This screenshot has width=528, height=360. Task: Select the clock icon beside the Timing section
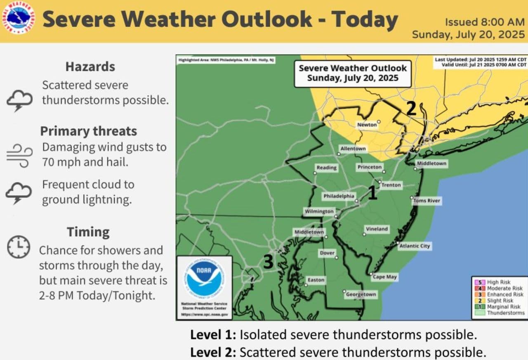tap(19, 247)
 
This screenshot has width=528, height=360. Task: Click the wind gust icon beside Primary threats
tap(19, 155)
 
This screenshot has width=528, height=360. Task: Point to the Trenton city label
tap(391, 185)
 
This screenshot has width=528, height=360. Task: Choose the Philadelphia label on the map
tap(339, 196)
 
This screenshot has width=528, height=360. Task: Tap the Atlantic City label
tap(415, 246)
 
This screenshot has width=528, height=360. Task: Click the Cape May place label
tap(385, 277)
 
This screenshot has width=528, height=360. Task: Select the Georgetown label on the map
tap(361, 294)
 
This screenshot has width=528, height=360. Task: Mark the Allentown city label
tap(353, 149)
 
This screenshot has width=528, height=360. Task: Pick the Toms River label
tap(427, 201)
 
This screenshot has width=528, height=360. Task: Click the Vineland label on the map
tap(377, 229)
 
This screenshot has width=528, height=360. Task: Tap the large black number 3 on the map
tap(268, 262)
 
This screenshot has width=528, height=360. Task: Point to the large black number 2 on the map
tap(411, 108)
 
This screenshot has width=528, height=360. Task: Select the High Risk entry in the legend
tap(499, 282)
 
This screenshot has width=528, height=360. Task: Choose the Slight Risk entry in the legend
tap(500, 301)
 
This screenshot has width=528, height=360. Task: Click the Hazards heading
tap(90, 67)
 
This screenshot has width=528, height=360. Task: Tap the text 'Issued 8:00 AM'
tap(485, 22)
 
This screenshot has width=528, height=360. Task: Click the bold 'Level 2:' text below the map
tap(213, 352)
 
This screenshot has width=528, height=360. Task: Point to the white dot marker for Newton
tap(378, 121)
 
